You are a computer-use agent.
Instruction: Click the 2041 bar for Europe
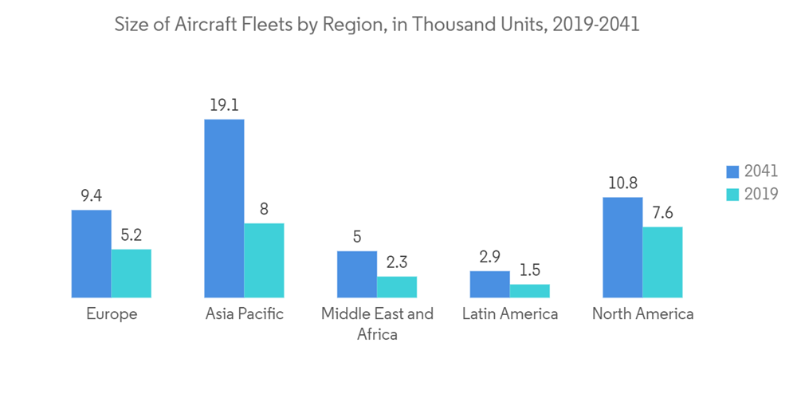(x=91, y=254)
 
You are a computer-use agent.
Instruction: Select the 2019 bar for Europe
(x=131, y=274)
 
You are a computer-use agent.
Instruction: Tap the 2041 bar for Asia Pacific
(x=224, y=208)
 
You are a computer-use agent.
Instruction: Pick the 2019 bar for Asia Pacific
(x=264, y=260)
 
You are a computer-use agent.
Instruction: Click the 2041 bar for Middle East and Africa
(x=357, y=274)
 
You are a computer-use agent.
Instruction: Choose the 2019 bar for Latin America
(x=530, y=291)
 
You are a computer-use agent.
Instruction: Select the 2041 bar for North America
(x=622, y=247)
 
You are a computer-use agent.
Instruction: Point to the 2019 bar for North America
(x=662, y=262)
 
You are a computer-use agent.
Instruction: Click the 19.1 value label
(x=224, y=104)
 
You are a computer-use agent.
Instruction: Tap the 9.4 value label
(x=91, y=195)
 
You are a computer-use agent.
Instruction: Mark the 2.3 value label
(x=397, y=262)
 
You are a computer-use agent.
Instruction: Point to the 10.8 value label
(x=622, y=183)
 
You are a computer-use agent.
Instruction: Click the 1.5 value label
(x=530, y=270)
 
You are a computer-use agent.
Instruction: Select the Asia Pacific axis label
(x=244, y=313)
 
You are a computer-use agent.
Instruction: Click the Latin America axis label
(x=510, y=313)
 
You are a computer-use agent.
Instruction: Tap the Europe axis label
(x=112, y=313)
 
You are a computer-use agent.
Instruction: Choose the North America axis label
(x=642, y=313)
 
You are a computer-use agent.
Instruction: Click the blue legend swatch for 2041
(x=732, y=171)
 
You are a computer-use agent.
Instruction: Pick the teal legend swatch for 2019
(x=732, y=194)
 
